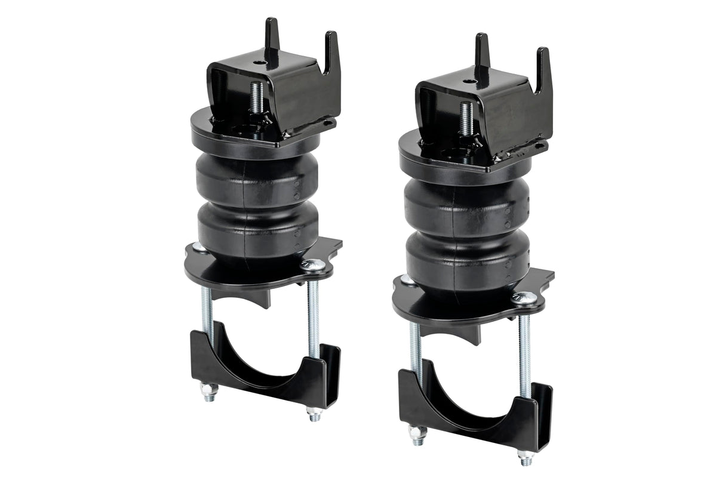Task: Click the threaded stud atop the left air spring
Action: (257, 99)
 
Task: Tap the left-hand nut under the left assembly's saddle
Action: (208, 392)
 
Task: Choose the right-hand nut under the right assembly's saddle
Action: (525, 457)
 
